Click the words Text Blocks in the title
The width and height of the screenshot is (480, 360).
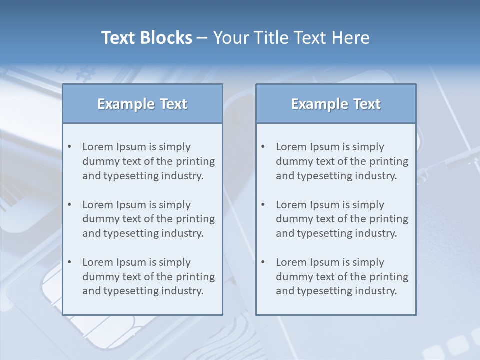(147, 38)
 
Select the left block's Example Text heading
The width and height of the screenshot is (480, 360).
(142, 104)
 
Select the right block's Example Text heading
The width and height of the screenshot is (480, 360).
(336, 104)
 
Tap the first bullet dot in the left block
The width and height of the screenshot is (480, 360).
(70, 147)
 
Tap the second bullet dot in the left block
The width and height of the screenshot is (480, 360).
(70, 205)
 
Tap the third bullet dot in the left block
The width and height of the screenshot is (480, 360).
(70, 262)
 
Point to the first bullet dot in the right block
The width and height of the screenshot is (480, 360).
(263, 147)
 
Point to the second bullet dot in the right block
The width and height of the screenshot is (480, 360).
(263, 205)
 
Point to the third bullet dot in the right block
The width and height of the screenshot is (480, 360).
(263, 262)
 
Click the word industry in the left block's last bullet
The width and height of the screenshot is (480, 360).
(183, 291)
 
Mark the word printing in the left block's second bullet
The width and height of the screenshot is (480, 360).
(196, 219)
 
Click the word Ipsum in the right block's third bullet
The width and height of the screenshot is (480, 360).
(325, 262)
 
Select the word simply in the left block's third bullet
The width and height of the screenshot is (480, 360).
(175, 262)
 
